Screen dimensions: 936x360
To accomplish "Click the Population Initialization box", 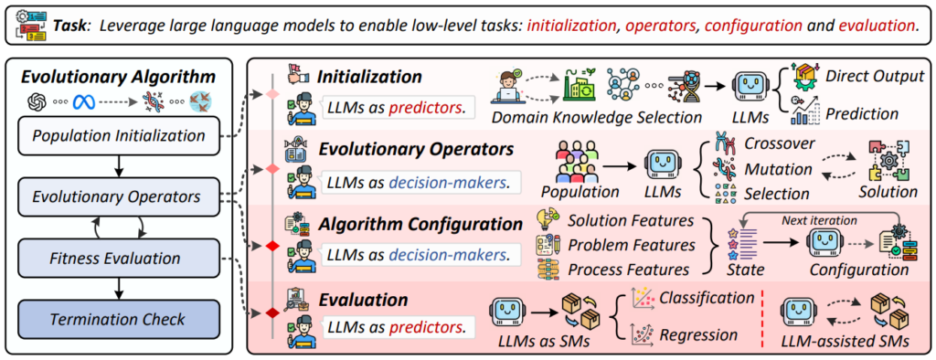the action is click(119, 136).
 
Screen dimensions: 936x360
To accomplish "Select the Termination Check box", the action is click(119, 320).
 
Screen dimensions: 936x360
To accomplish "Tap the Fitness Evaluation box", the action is click(119, 259).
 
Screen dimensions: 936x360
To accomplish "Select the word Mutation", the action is click(778, 170).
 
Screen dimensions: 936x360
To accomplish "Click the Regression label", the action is click(698, 334).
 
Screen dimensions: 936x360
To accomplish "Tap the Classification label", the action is click(707, 297).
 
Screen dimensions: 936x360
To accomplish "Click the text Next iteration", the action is click(820, 221).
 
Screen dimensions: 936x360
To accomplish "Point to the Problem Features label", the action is click(632, 245).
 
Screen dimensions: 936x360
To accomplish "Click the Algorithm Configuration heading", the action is click(420, 224).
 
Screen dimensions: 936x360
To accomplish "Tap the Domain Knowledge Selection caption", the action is click(597, 118).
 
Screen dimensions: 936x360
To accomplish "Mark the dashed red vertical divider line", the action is click(763, 318).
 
